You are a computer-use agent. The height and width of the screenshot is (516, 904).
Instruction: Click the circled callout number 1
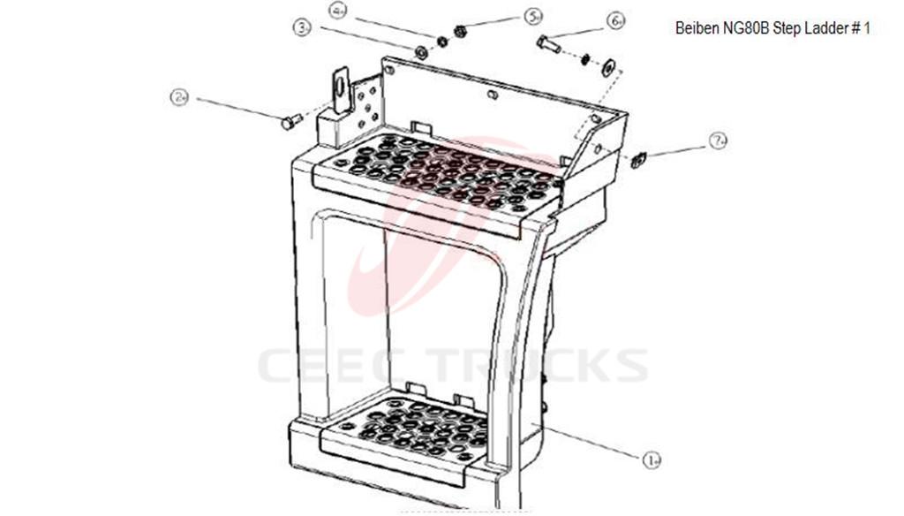652,459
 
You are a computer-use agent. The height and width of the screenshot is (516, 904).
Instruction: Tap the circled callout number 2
180,97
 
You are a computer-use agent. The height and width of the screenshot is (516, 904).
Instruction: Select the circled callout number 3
303,28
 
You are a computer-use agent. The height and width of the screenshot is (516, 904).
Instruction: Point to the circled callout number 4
338,11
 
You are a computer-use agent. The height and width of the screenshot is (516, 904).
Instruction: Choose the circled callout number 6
615,20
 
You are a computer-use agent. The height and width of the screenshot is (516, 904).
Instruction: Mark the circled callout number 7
719,140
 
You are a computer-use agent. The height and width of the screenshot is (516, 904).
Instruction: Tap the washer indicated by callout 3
422,52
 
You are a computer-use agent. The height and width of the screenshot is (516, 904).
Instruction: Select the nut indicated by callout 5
459,32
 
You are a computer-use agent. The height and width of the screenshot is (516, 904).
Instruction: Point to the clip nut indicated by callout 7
640,158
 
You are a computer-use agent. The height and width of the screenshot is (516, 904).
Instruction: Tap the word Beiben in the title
696,28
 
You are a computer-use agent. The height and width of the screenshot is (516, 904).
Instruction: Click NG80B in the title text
744,28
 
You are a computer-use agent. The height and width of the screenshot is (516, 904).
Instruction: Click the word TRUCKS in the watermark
540,365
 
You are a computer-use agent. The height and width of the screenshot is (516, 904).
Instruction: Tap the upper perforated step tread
441,172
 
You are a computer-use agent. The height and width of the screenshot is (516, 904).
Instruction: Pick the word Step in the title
787,28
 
